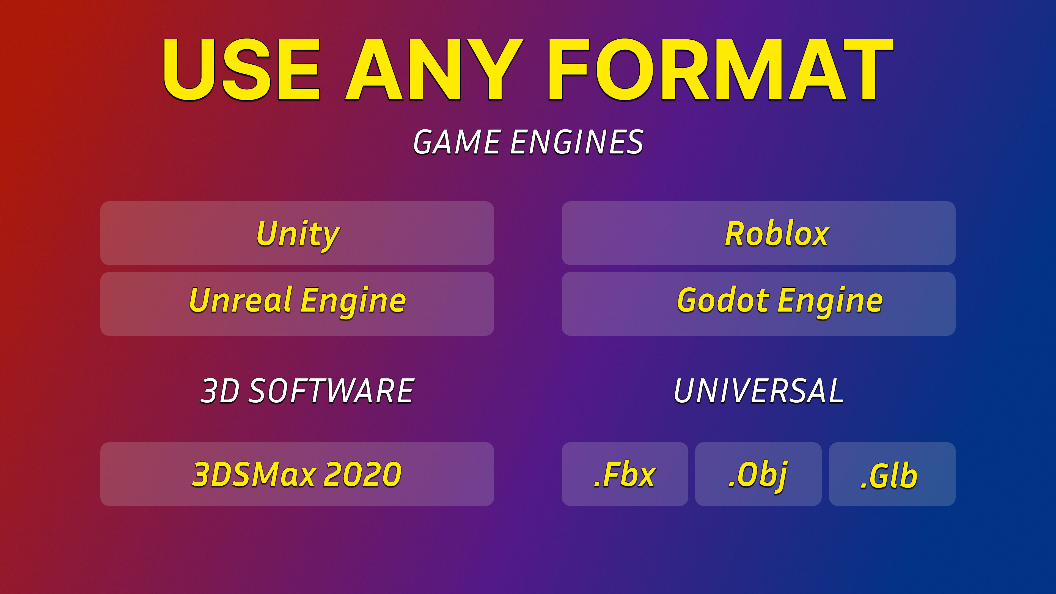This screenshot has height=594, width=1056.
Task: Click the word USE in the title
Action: [241, 70]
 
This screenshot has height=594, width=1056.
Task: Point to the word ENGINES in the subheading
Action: [577, 142]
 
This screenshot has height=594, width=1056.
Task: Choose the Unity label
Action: [298, 235]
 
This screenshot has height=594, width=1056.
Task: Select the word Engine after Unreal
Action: [353, 302]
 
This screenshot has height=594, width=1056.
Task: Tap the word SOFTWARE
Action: [331, 391]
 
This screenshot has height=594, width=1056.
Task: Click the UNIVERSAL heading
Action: [759, 391]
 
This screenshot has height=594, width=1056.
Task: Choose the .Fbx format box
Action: [625, 474]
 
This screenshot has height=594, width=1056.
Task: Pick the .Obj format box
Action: [758, 474]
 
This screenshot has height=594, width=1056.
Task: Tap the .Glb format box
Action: [892, 474]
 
